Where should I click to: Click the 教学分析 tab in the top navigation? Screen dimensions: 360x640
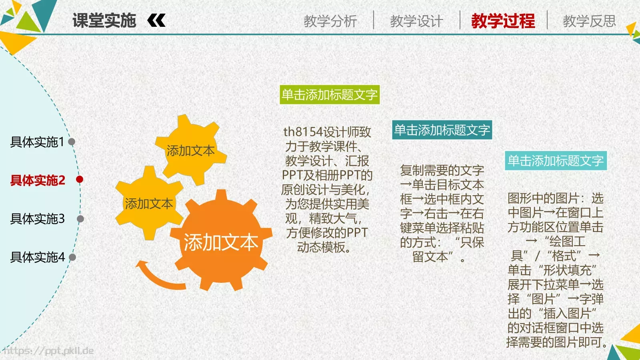[330, 21]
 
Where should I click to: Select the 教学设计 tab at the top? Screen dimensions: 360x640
[416, 21]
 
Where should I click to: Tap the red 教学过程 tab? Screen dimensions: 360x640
[503, 21]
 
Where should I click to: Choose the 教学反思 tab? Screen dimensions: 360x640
[589, 21]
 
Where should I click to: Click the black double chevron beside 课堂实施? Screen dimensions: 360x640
[156, 20]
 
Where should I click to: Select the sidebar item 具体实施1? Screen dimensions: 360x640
[37, 142]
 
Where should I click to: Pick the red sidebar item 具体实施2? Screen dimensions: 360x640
[38, 180]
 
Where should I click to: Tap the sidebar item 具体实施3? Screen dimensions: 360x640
[37, 219]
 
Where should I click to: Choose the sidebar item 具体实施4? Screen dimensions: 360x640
[37, 257]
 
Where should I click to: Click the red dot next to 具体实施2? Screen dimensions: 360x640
[80, 179]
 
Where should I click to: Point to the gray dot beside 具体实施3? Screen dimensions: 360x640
[80, 219]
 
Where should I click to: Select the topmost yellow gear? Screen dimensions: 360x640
[190, 150]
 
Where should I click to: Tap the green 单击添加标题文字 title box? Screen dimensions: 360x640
[329, 95]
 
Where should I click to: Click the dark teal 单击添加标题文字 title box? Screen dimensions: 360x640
[442, 130]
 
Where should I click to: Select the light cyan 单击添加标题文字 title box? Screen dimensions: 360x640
[556, 161]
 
